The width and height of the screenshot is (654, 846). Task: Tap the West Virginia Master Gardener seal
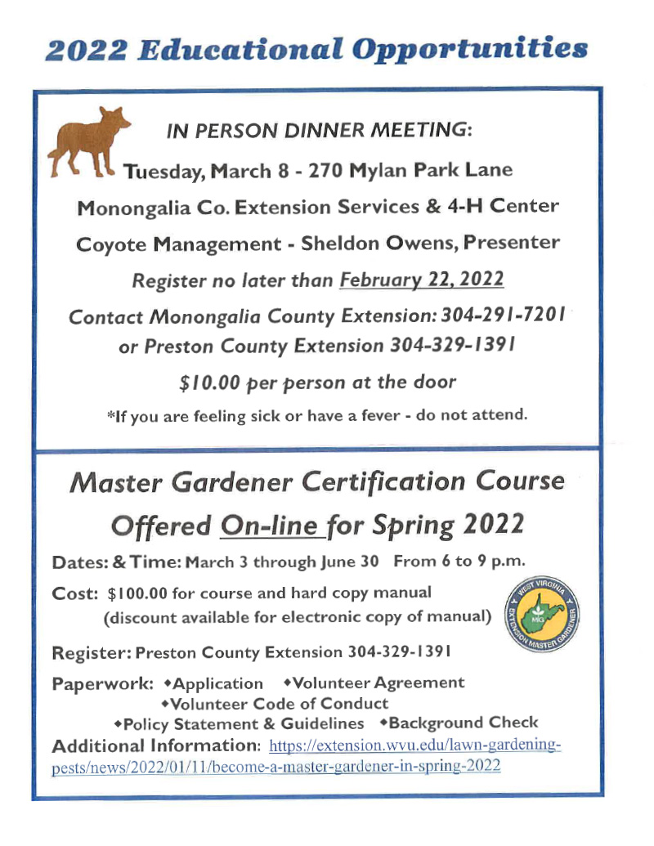click(x=540, y=619)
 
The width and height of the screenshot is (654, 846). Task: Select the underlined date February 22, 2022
click(x=421, y=280)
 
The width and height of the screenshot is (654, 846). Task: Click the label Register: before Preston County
click(x=91, y=652)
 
